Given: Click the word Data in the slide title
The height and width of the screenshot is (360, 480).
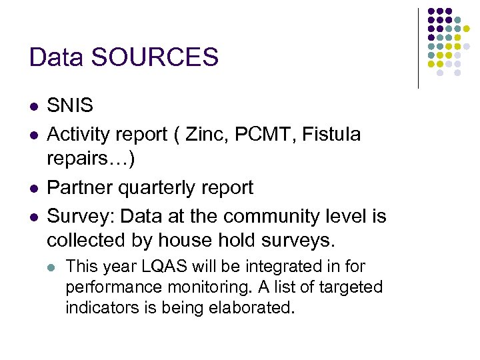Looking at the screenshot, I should click(57, 57).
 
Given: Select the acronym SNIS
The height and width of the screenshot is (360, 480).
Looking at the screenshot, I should click(70, 105).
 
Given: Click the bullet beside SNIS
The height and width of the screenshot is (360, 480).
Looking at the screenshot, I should click(33, 106).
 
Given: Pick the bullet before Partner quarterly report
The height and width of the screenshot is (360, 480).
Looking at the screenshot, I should click(33, 188).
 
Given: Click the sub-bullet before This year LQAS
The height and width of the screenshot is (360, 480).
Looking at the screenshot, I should click(53, 267).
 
